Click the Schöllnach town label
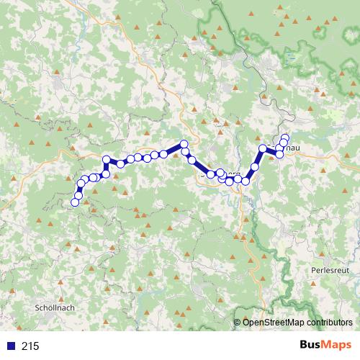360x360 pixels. pos(55,307)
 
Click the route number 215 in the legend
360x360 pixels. pos(30,346)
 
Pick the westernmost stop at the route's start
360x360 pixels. pos(74,202)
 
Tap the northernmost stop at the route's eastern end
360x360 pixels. pos(285,137)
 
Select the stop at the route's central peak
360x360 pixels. pos(184,144)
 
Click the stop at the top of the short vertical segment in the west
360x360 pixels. pos(107,160)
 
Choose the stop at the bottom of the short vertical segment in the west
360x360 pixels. pos(106,174)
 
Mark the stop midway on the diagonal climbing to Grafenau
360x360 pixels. pos(254,167)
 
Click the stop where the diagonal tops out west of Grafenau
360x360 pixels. pos(263,149)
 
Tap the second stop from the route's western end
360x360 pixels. pos(78,194)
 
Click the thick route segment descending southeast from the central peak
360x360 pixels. pos(201,167)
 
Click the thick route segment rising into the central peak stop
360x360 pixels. pos(174,149)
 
